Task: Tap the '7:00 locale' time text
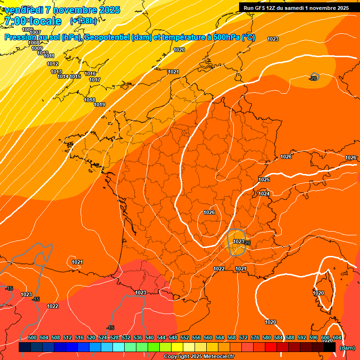[32, 21]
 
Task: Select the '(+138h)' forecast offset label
[83, 21]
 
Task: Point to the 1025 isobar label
[264, 180]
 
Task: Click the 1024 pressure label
[264, 194]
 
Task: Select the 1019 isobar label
[99, 105]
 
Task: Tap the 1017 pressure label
[95, 80]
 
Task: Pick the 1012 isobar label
[52, 64]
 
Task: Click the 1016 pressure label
[90, 74]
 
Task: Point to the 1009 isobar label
[37, 48]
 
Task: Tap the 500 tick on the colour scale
[32, 337]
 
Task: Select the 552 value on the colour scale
[185, 337]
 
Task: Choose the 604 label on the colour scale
[337, 337]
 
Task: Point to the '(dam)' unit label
[347, 348]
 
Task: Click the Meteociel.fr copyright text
[199, 357]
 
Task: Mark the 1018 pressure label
[90, 100]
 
